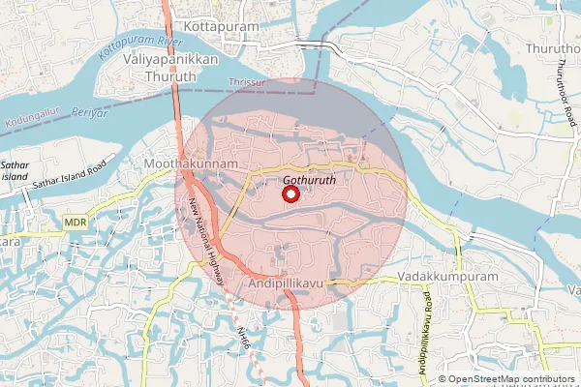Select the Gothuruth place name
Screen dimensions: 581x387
click(309, 180)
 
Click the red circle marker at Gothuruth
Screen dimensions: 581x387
click(290, 194)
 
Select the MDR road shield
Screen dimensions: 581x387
click(76, 223)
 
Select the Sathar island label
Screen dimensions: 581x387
click(14, 171)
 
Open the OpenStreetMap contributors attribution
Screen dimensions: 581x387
click(511, 379)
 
